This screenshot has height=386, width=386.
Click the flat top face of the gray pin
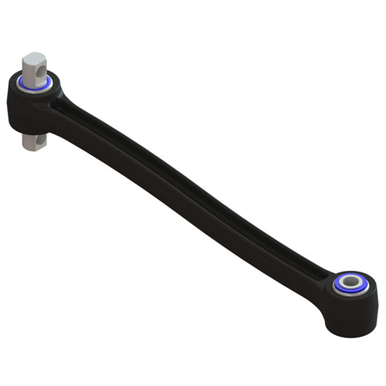coord(34,57)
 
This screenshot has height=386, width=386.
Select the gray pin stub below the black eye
coord(35,142)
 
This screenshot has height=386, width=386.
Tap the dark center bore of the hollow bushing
coord(352,281)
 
